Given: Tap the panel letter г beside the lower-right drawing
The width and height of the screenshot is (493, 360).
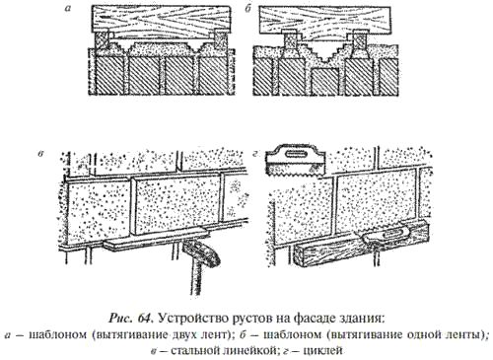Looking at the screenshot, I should click(x=254, y=156).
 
